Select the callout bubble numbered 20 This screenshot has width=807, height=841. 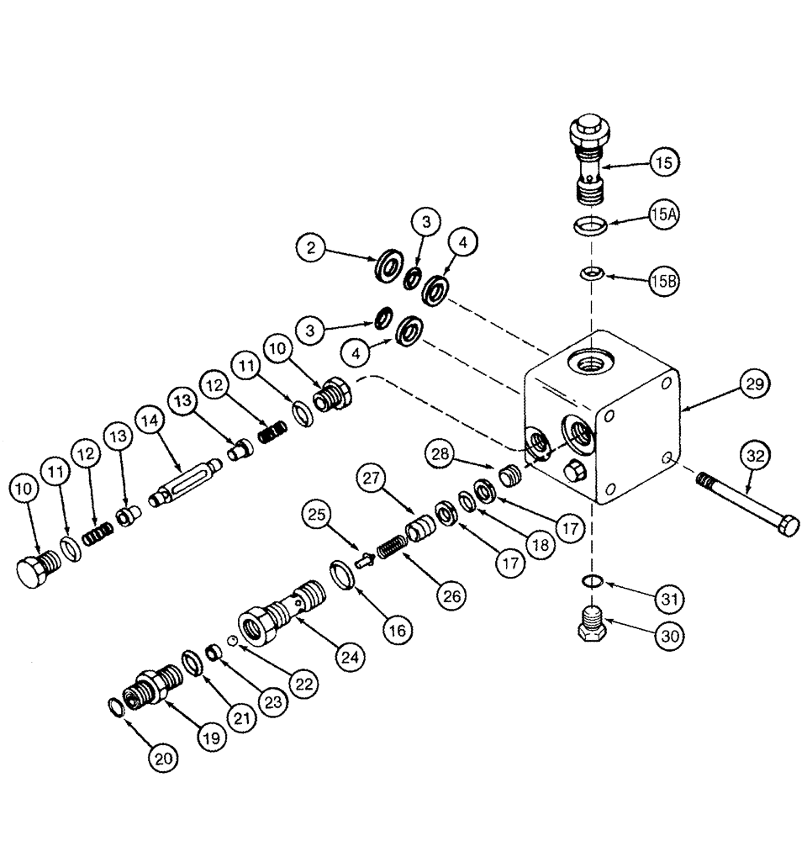[x=166, y=758]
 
